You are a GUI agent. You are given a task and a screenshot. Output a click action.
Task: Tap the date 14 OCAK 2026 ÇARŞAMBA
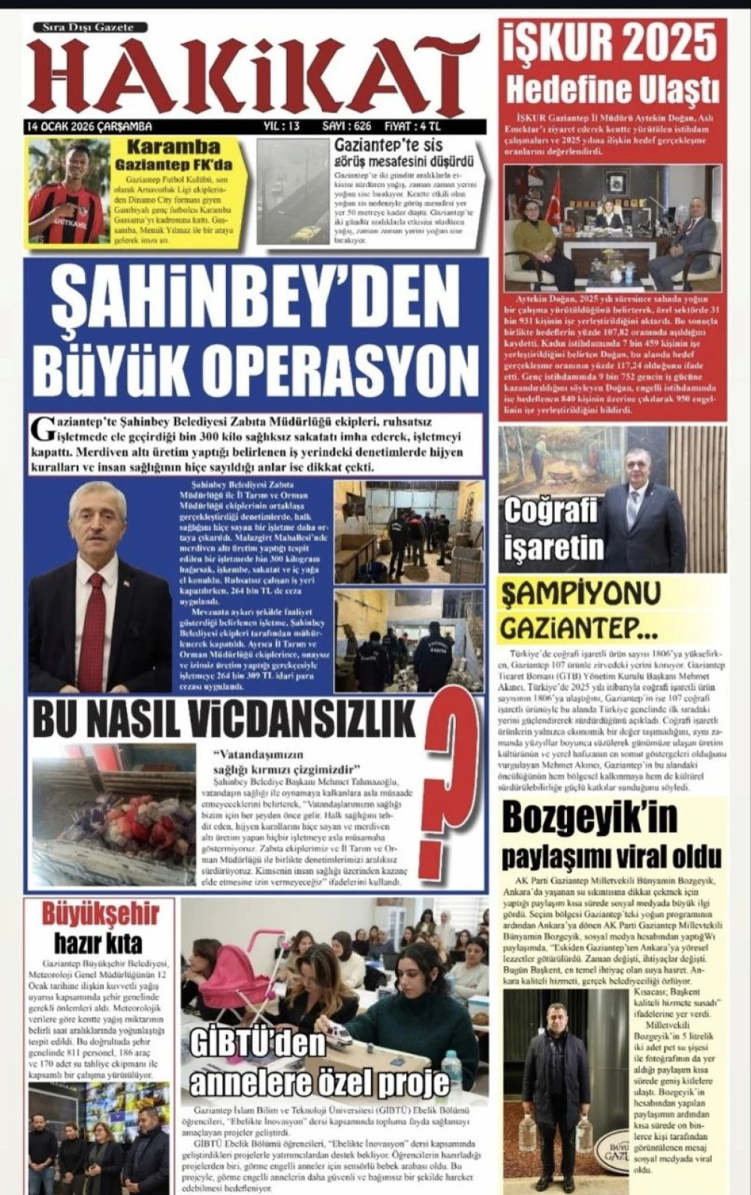click(x=89, y=126)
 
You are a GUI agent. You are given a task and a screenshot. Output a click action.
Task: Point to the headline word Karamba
click(x=173, y=147)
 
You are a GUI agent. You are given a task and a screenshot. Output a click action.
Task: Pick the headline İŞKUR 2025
click(x=610, y=44)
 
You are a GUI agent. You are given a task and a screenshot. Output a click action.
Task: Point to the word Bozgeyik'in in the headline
click(x=590, y=817)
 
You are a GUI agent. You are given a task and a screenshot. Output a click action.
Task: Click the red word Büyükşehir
click(x=100, y=914)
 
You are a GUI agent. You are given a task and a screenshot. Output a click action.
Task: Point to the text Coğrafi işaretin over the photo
click(x=554, y=529)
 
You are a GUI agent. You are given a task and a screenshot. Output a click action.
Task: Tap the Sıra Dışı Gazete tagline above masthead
click(x=88, y=27)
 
